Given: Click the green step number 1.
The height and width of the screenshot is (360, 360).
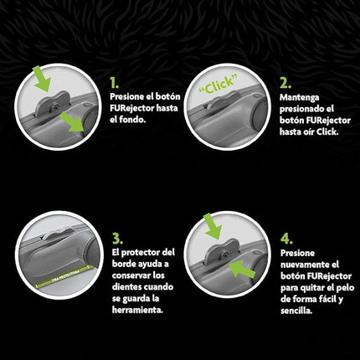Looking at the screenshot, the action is (114, 83).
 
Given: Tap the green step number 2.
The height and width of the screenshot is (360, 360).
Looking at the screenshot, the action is (285, 83).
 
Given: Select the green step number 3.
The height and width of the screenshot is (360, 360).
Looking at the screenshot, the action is (117, 239).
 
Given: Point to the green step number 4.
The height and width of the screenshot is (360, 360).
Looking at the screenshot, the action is (286, 239).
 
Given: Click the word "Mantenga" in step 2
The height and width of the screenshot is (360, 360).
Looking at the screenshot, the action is (300, 98).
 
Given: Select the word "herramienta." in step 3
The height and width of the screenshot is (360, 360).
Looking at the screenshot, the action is (137, 310).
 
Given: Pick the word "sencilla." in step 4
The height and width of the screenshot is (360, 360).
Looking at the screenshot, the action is (296, 311).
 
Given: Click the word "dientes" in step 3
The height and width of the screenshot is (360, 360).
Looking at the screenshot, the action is (127, 286).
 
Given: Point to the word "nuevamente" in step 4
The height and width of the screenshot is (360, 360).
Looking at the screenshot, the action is (303, 265).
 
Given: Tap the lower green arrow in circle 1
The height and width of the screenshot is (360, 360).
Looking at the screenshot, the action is (73, 121).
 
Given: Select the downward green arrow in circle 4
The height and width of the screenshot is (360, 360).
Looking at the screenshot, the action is (213, 226).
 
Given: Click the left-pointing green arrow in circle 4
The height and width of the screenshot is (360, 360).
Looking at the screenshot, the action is (242, 270).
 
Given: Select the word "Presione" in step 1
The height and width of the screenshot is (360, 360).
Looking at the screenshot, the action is (127, 96).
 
